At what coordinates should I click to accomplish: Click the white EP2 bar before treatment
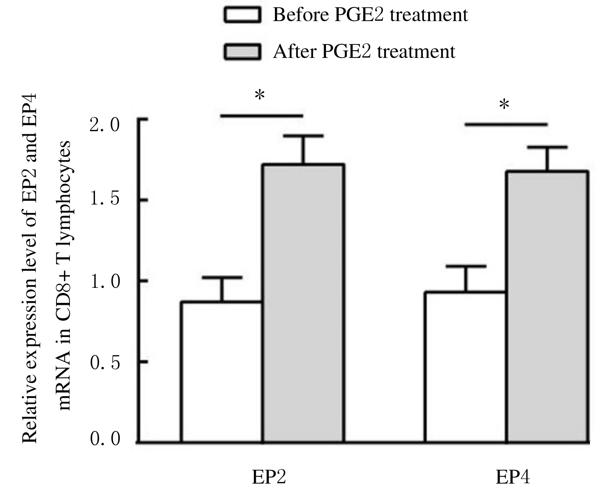[221, 371]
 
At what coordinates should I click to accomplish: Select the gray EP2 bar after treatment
[303, 303]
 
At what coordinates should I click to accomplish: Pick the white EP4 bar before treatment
[465, 366]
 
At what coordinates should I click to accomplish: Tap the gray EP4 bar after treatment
[547, 306]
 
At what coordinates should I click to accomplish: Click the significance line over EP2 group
[262, 116]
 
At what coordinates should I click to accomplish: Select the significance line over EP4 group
[506, 124]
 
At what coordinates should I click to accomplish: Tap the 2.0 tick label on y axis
[105, 126]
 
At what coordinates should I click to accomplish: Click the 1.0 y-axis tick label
[105, 281]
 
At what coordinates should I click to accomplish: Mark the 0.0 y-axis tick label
[105, 438]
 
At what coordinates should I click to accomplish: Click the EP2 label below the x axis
[269, 477]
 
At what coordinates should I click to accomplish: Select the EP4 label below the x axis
[512, 477]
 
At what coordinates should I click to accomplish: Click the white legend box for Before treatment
[242, 15]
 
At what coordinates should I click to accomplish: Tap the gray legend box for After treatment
[242, 52]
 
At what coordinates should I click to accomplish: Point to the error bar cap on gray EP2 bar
[303, 136]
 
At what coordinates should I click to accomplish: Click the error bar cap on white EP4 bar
[465, 266]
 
